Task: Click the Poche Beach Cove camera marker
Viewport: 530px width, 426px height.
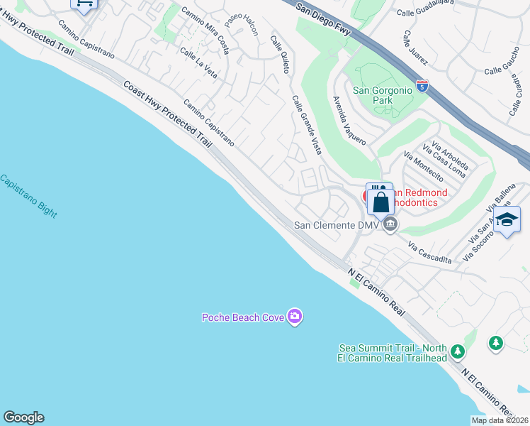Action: click(295, 317)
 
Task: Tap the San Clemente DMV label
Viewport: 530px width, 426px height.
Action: click(337, 225)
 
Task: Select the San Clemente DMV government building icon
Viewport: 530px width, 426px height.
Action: click(389, 225)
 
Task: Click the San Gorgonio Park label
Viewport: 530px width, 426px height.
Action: click(383, 95)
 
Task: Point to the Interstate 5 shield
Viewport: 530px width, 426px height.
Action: click(422, 87)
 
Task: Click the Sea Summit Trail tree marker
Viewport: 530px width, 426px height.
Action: click(458, 351)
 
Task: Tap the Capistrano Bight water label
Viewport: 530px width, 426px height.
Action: click(29, 196)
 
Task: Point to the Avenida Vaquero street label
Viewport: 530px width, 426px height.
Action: click(349, 120)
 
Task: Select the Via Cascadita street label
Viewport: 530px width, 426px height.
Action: click(429, 251)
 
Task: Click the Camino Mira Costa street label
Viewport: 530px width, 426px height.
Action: click(205, 26)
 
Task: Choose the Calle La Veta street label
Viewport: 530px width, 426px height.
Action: click(198, 62)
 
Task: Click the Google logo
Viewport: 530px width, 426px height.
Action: click(23, 417)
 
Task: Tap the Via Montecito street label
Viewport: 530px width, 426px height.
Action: click(423, 166)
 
